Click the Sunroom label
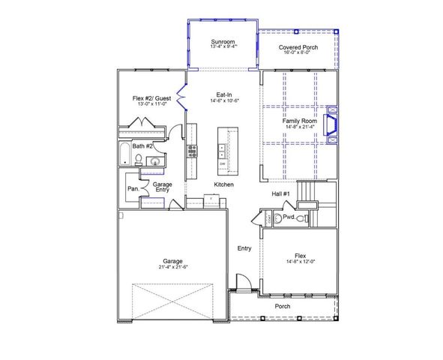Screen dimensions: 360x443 (223, 41)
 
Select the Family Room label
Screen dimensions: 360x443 (300, 121)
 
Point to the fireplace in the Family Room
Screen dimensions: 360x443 (334, 124)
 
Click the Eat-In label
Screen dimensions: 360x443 (223, 94)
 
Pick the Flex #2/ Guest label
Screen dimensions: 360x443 (151, 98)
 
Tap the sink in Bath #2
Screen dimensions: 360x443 (154, 160)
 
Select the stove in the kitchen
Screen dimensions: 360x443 (191, 148)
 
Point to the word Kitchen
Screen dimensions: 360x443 (224, 184)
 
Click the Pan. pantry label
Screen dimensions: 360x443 (132, 189)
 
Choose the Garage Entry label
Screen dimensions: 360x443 (162, 187)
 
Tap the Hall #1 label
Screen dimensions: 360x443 (280, 194)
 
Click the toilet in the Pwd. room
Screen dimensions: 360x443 (300, 218)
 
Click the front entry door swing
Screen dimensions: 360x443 (242, 283)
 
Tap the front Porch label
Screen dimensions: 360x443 (283, 306)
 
